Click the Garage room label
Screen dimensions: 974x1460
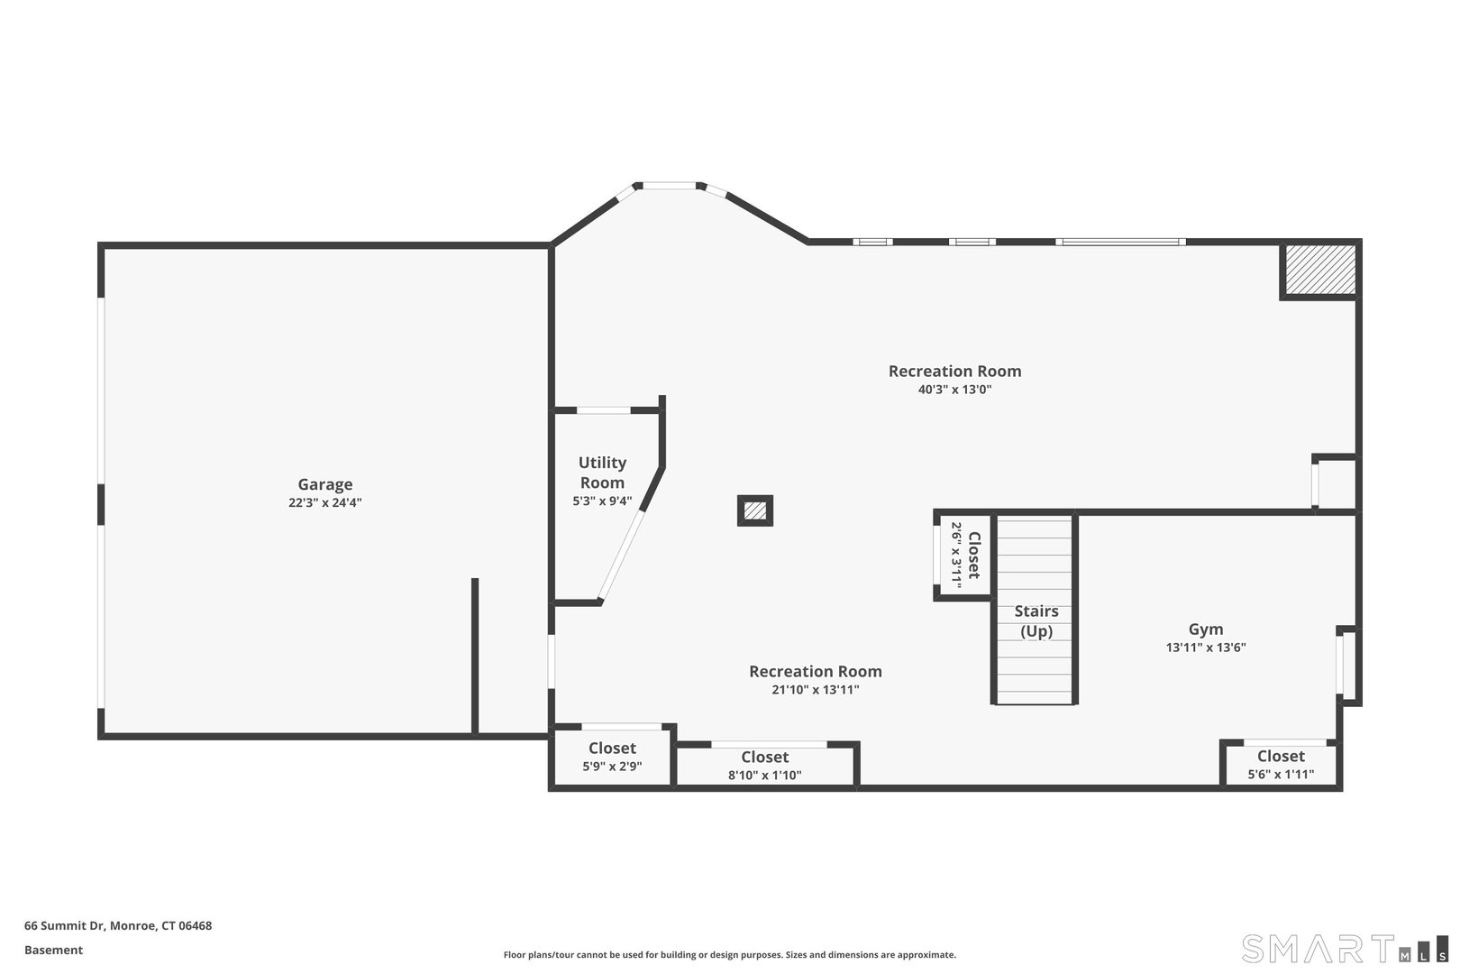pos(325,484)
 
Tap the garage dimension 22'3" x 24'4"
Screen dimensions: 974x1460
pos(325,503)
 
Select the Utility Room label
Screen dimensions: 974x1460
pos(602,473)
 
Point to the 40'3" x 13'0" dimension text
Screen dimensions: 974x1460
pos(954,390)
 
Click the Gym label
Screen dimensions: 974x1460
pos(1206,629)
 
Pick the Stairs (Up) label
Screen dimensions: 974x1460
pos(1036,620)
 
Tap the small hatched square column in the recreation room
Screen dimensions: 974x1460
pos(755,510)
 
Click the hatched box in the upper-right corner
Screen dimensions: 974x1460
pos(1320,269)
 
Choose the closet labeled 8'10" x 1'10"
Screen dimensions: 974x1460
pos(765,766)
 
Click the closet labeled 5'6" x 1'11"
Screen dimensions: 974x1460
pos(1281,765)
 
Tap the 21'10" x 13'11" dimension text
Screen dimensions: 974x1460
pos(816,690)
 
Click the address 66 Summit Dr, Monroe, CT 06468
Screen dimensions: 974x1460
pos(118,925)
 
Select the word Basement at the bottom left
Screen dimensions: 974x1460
pos(53,950)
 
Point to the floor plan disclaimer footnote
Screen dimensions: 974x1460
pos(729,954)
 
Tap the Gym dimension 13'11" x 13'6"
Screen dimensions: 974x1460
pos(1206,648)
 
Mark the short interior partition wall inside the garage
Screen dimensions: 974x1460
pos(475,656)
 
